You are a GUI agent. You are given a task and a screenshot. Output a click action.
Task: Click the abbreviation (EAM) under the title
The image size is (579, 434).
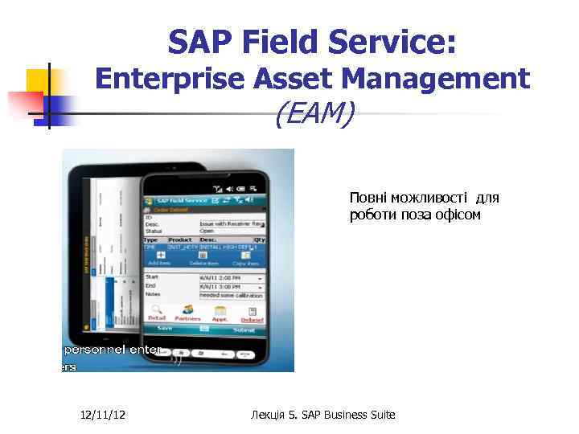[x=314, y=115]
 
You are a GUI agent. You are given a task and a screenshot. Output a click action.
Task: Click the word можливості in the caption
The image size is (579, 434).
[x=427, y=197]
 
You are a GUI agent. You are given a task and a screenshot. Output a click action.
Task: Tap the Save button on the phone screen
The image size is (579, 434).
[x=166, y=329]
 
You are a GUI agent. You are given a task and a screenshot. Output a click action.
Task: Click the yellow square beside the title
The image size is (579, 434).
[x=37, y=80]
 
